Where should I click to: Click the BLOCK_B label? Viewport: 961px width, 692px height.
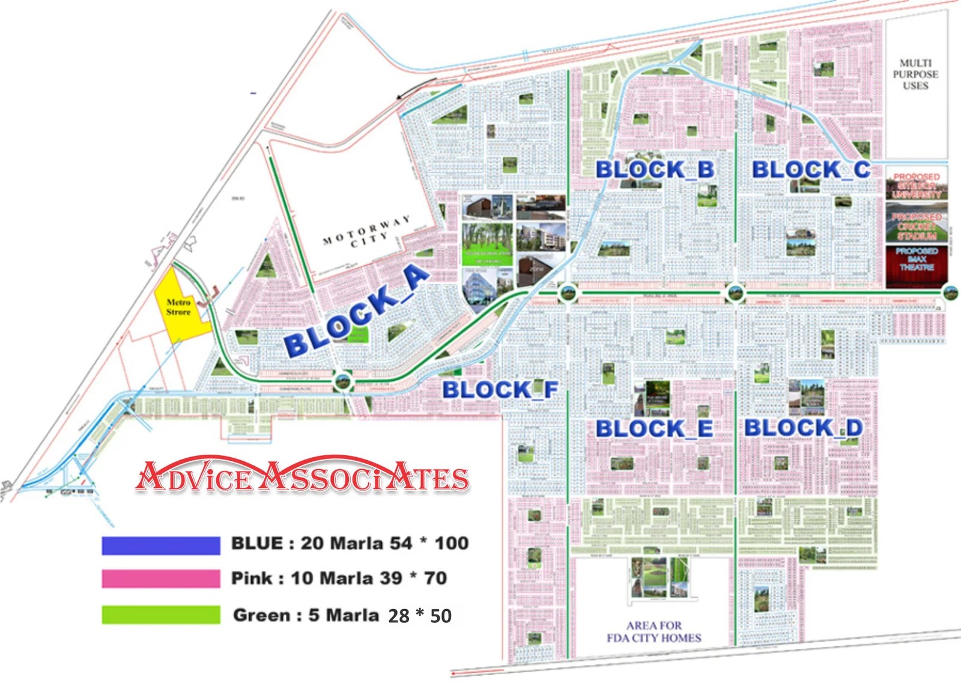tap(655, 169)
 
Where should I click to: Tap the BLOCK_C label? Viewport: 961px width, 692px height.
tap(811, 169)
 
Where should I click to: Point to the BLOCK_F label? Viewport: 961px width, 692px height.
tap(500, 390)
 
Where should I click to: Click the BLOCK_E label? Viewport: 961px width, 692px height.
tap(654, 429)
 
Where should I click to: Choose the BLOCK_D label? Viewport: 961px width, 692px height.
tap(804, 428)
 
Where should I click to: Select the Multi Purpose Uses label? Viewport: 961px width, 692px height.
tap(915, 74)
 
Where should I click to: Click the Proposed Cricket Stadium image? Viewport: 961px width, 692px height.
tap(917, 222)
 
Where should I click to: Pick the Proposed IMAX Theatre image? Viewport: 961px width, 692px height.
tap(917, 264)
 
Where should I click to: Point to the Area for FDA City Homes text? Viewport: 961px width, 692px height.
tap(653, 632)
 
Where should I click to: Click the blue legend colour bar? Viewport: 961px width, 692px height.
tap(161, 545)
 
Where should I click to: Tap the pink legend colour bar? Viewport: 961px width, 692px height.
tap(161, 578)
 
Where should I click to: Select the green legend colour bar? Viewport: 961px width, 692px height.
tap(161, 615)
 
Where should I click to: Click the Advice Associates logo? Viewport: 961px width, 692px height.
tap(302, 478)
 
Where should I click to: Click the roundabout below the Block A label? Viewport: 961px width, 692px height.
tap(343, 380)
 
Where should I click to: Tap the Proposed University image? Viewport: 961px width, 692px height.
tap(917, 185)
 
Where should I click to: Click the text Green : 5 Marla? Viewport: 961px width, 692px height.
tap(306, 615)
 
